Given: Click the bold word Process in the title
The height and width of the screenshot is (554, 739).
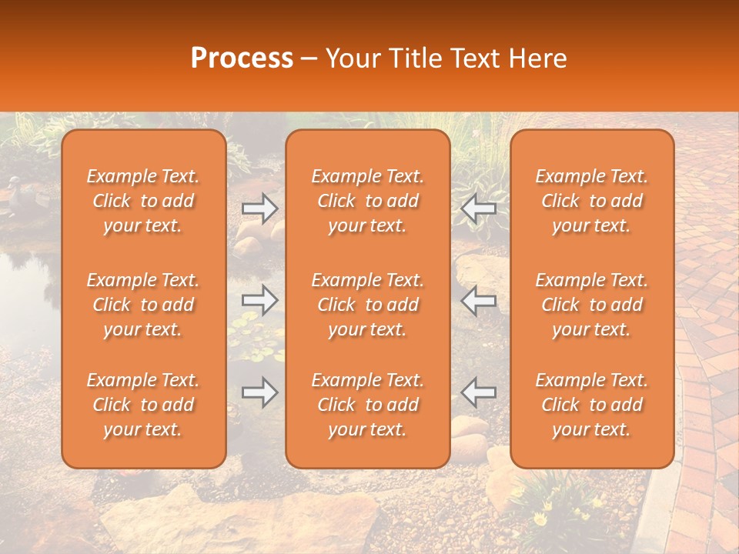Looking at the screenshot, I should click(x=242, y=58).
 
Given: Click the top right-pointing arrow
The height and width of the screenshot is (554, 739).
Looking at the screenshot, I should click(x=259, y=209).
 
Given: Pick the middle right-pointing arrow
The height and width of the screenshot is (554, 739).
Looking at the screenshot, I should click(x=259, y=300).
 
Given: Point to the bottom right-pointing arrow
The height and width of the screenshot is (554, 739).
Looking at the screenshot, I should click(x=259, y=392).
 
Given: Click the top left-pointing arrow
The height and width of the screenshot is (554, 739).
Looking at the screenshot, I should click(x=478, y=209).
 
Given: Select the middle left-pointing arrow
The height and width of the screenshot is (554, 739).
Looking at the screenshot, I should click(x=478, y=300).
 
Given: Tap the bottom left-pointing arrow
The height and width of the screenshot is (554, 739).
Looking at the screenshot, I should click(x=478, y=392).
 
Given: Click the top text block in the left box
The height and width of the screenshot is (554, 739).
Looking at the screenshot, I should click(x=143, y=201).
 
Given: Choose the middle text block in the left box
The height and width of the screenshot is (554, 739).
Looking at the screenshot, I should click(x=143, y=305).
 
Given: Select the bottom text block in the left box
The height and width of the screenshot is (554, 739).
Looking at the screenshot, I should click(x=143, y=405).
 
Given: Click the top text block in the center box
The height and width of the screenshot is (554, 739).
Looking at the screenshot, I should click(x=367, y=201).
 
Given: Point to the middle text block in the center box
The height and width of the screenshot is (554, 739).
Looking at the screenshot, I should click(x=367, y=305).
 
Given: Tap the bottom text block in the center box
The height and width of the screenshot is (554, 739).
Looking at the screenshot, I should click(x=367, y=405).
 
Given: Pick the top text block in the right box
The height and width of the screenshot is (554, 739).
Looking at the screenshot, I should click(x=592, y=201).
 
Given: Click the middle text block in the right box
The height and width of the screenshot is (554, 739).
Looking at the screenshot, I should click(x=592, y=305).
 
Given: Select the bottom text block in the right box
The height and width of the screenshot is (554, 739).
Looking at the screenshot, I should click(x=592, y=405).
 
